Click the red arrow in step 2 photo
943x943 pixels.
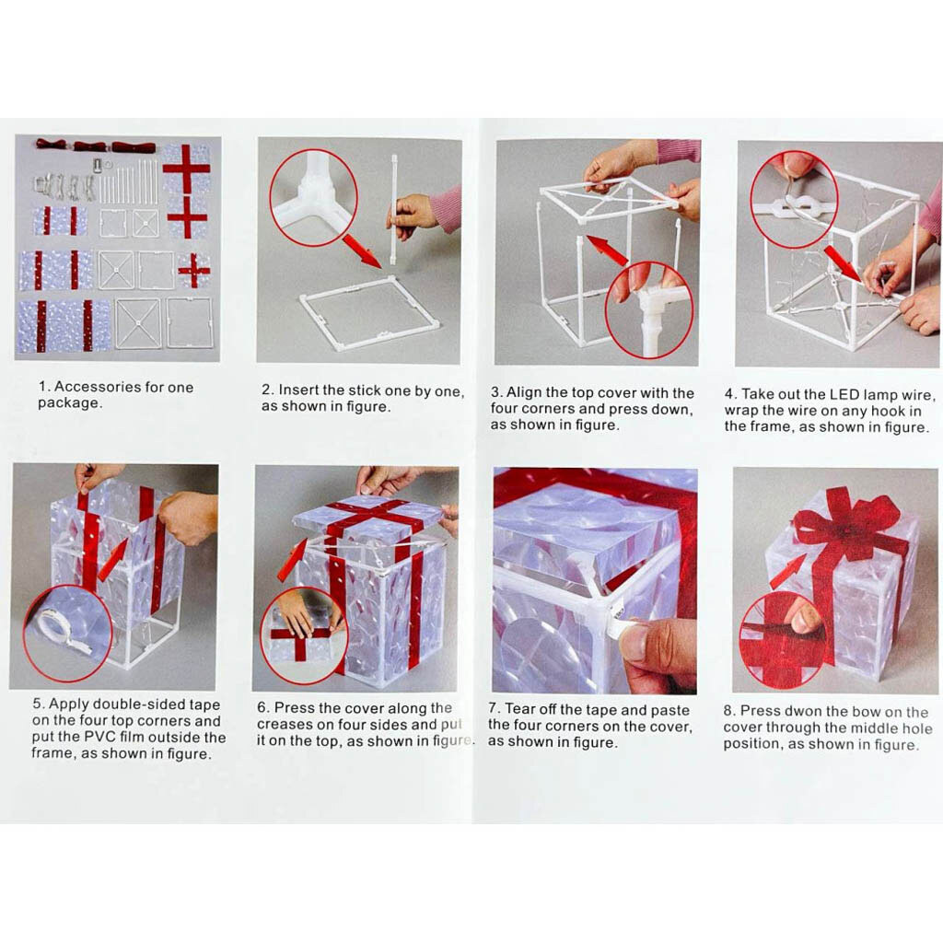(362, 251)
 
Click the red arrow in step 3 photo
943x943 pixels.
(606, 250)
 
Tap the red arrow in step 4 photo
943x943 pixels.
(842, 262)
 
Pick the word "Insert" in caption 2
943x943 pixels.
(298, 390)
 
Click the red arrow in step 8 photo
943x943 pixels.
(788, 571)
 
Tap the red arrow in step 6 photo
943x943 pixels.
(293, 559)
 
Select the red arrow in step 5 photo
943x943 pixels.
(113, 559)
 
